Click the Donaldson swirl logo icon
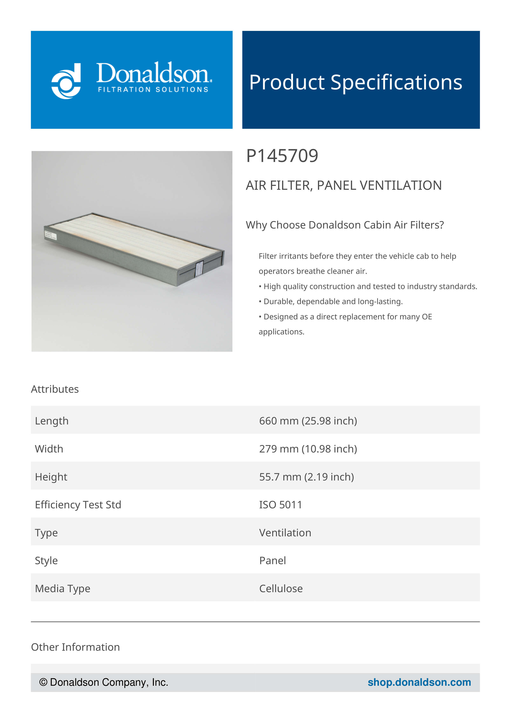66,81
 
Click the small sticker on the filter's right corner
199,269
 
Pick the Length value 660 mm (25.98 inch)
308,421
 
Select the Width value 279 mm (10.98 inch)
308,449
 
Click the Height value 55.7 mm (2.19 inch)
306,477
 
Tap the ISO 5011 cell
280,505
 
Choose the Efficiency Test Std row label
78,505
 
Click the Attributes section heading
55,389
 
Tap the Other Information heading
75,647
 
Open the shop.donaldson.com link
419,682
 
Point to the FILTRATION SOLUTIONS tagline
153,90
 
